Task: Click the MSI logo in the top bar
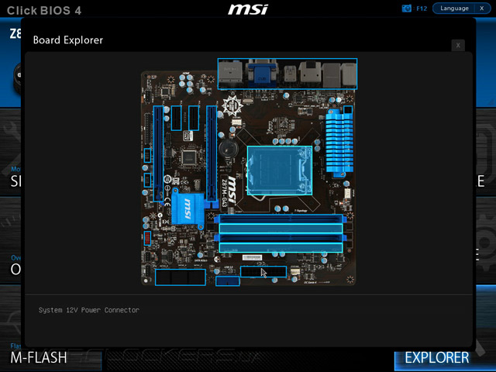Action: [247, 9]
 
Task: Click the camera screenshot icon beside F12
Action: [407, 9]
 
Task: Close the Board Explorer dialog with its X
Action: [459, 46]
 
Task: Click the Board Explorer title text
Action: [68, 40]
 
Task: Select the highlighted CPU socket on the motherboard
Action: [279, 170]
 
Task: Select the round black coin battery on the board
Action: [227, 147]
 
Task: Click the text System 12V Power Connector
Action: [89, 310]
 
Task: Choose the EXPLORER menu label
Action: [437, 357]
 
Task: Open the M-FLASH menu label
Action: [39, 357]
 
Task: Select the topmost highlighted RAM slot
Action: [281, 219]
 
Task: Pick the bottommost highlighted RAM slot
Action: [281, 247]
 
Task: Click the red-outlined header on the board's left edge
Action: [147, 237]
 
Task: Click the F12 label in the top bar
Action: [422, 9]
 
